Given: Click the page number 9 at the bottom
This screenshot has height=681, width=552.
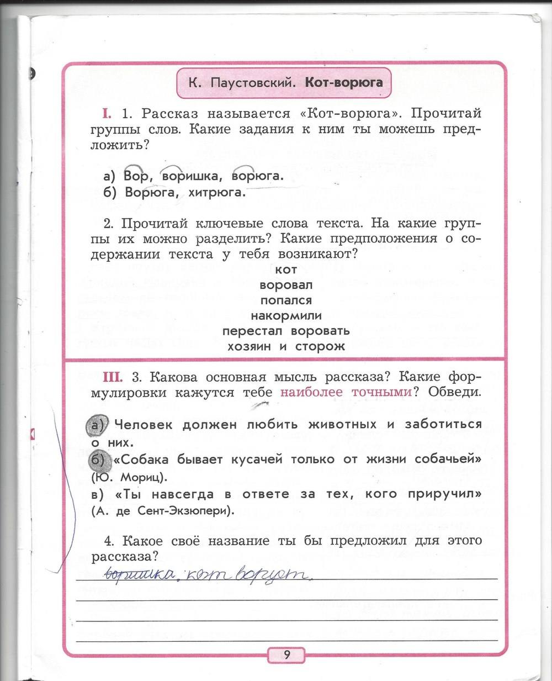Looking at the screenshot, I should pyautogui.click(x=287, y=655).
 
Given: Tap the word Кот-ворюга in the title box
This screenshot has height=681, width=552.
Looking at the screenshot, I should pyautogui.click(x=344, y=83).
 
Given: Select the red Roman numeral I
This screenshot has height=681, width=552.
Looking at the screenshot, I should pyautogui.click(x=107, y=114).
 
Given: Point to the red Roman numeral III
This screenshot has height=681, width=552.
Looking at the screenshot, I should pyautogui.click(x=112, y=377).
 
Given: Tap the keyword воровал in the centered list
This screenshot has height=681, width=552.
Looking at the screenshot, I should pyautogui.click(x=286, y=285).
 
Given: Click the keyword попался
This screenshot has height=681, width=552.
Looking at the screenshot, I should pyautogui.click(x=286, y=300).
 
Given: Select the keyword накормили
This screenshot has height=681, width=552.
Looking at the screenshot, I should pyautogui.click(x=286, y=316).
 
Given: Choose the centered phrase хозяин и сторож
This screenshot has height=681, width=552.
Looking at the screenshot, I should pyautogui.click(x=286, y=346).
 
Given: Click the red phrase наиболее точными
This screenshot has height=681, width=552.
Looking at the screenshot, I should pyautogui.click(x=346, y=393).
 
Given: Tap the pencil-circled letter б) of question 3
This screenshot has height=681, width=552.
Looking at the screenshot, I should pyautogui.click(x=98, y=460).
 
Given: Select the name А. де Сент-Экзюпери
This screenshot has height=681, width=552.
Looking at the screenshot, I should pyautogui.click(x=163, y=511).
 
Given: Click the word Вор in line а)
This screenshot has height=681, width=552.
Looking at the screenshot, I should pyautogui.click(x=136, y=177).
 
